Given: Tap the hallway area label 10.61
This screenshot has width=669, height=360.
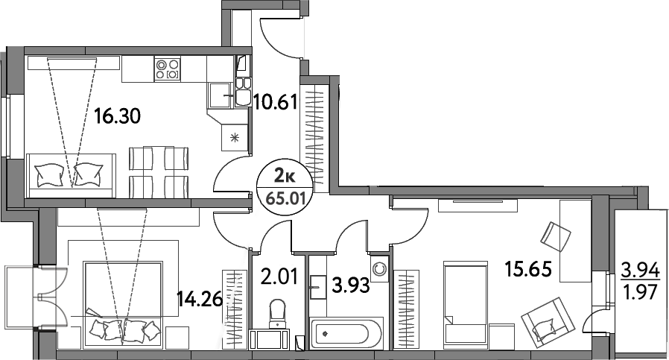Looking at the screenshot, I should [x=277, y=102].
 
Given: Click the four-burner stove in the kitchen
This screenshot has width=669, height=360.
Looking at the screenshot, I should [x=168, y=69].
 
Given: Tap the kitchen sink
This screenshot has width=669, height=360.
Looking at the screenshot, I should [x=221, y=95].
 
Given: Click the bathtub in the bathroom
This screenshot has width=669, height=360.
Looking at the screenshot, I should [x=347, y=332].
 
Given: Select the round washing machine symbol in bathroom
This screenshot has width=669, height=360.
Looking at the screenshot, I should [x=380, y=268].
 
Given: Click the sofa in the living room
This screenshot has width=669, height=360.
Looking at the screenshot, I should [x=71, y=174].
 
